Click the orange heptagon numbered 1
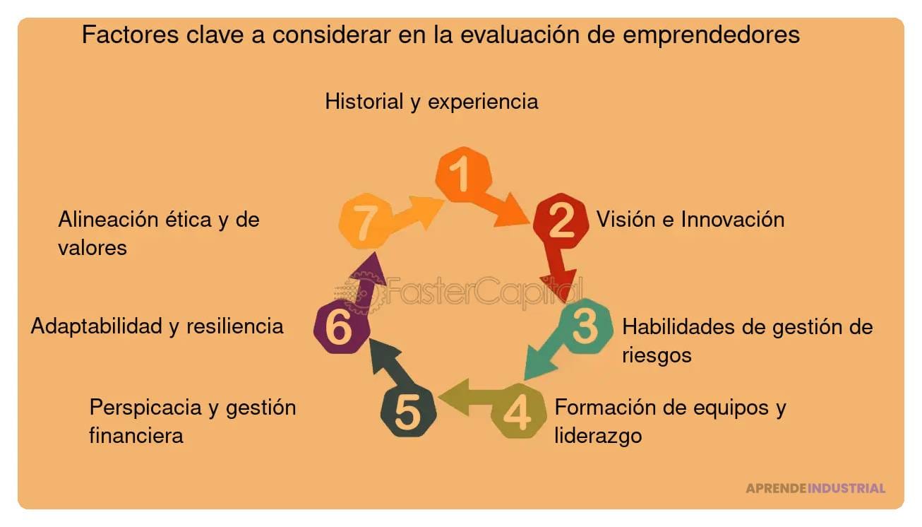[x=462, y=174]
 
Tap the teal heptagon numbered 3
[x=585, y=326]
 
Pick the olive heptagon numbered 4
[x=518, y=413]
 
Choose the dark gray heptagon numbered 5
[x=408, y=413]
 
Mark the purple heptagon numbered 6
[x=340, y=328]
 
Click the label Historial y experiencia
[x=431, y=101]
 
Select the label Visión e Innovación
[x=690, y=219]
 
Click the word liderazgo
[x=598, y=435]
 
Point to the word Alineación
[x=108, y=219]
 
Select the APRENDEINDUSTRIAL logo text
[x=815, y=488]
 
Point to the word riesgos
[x=657, y=355]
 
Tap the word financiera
[x=136, y=435]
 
